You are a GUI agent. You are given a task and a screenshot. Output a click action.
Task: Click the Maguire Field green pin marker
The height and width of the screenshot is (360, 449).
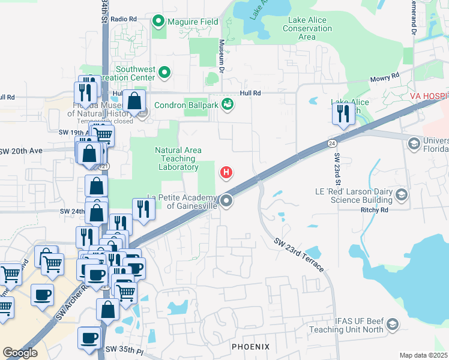click(158, 22)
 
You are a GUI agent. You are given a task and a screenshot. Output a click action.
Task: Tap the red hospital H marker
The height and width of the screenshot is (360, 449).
click(226, 173)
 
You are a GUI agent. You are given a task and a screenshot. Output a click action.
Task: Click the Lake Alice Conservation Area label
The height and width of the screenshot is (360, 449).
click(307, 28)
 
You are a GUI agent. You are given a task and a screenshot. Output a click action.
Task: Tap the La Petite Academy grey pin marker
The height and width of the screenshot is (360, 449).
click(226, 201)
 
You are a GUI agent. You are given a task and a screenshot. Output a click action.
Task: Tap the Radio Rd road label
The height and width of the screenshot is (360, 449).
click(124, 19)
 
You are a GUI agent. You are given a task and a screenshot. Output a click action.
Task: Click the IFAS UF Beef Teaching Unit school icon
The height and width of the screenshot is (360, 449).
click(393, 325)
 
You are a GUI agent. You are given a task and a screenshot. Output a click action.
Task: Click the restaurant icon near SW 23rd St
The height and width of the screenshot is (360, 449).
click(343, 113)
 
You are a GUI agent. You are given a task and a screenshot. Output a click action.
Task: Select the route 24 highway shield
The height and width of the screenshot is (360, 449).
click(331, 143)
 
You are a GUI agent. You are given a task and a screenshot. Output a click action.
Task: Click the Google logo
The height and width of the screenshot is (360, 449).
click(20, 353)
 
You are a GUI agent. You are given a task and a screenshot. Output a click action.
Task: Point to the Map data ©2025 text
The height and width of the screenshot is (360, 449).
click(423, 355)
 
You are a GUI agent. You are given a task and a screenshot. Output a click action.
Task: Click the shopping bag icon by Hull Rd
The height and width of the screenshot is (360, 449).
click(136, 100)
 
